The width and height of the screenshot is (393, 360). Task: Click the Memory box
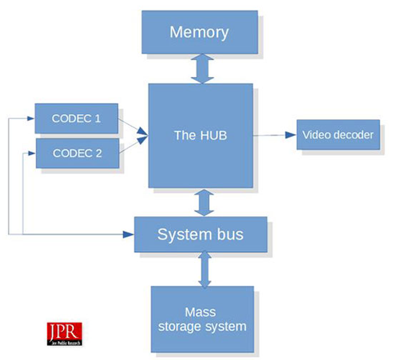[200, 31]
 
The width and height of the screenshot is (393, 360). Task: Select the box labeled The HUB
[200, 135]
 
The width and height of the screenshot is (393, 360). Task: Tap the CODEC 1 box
[76, 118]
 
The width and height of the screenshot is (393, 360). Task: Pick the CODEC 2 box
[77, 153]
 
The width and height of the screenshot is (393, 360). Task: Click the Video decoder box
[338, 134]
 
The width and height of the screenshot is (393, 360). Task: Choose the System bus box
[200, 234]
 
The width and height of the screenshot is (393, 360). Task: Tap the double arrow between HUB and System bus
[204, 202]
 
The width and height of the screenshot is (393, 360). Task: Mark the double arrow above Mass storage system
[204, 269]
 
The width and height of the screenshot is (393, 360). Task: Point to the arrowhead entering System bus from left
[128, 234]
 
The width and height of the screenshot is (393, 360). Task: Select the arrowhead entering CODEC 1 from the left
[31, 118]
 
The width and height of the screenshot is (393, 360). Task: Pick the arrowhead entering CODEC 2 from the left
[31, 153]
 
